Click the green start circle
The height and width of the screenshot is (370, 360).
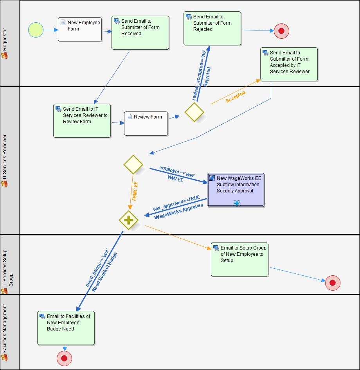(36, 30)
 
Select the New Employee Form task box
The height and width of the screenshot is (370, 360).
(80, 29)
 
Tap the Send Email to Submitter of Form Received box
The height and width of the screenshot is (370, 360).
(140, 33)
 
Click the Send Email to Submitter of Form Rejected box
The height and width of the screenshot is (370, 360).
(212, 28)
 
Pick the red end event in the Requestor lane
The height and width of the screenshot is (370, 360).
(281, 31)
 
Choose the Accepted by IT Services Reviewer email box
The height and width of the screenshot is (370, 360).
(289, 65)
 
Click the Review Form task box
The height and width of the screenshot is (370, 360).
(146, 124)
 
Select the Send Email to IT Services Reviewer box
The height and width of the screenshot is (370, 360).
(82, 120)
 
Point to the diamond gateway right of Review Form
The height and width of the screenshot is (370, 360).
(194, 112)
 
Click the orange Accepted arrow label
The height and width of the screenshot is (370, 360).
(236, 97)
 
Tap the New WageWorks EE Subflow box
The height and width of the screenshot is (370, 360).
(236, 190)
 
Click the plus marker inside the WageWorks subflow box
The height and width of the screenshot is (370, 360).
(236, 203)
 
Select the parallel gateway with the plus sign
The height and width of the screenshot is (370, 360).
(129, 220)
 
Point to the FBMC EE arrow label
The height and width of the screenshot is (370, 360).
(135, 190)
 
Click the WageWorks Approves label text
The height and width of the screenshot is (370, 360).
(178, 211)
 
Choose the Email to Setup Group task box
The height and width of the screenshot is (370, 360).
(240, 260)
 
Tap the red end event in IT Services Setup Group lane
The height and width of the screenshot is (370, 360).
(333, 283)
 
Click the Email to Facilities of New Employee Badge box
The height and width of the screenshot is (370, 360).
(66, 328)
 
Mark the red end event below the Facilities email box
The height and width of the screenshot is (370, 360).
(64, 358)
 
